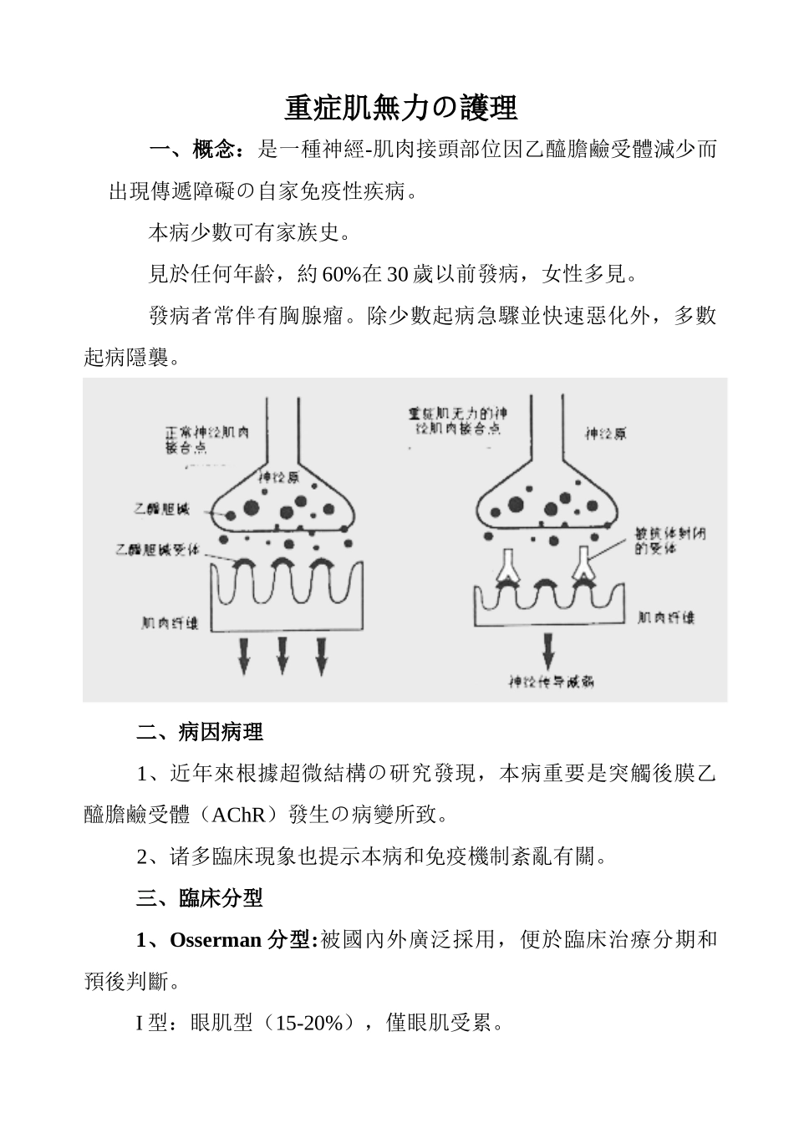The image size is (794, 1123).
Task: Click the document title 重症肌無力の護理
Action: pos(401,108)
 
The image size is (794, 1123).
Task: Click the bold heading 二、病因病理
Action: pos(200,733)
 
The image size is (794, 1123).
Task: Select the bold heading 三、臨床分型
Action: pos(200,898)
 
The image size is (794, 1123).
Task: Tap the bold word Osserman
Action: pos(216,940)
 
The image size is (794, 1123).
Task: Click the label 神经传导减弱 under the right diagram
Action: pos(552,681)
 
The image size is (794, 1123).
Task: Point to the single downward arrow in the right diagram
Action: pos(549,648)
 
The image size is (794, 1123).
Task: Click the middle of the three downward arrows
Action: pos(282,654)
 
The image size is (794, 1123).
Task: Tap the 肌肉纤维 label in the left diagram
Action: pos(171,622)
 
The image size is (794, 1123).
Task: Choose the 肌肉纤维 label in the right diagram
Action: pos(665,617)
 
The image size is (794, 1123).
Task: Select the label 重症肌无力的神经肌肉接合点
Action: pos(457,420)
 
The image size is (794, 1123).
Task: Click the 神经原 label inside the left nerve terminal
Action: pos(279,478)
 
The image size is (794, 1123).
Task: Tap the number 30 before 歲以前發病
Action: pos(398,274)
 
